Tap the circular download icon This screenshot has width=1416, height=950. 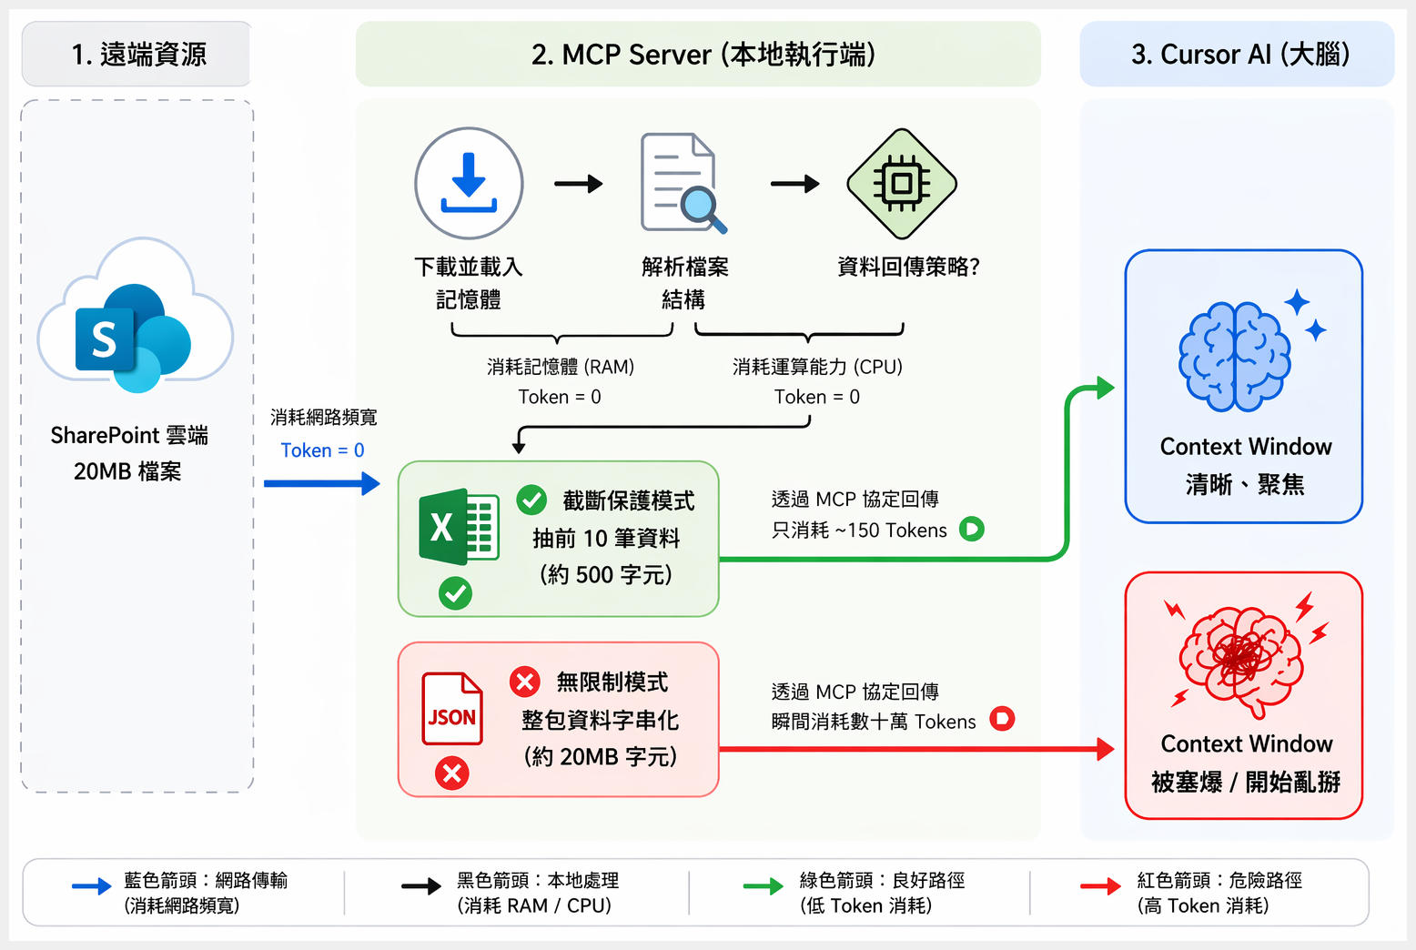[469, 183]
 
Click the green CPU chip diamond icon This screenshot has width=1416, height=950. [901, 183]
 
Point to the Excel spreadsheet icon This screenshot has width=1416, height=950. [458, 527]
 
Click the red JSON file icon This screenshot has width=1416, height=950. [452, 709]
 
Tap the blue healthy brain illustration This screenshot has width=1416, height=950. [1235, 356]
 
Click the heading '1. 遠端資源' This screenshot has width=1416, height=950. [138, 55]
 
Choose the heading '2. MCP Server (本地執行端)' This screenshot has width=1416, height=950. [703, 55]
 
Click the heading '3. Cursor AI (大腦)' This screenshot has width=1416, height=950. [1239, 55]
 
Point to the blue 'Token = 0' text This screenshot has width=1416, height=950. [322, 450]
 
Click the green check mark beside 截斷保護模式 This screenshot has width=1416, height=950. [531, 500]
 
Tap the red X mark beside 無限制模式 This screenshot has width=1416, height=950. [525, 681]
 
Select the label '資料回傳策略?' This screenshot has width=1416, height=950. [907, 267]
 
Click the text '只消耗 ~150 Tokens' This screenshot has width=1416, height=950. [859, 531]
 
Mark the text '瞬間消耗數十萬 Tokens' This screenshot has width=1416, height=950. [873, 722]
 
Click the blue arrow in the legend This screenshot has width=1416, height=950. [91, 886]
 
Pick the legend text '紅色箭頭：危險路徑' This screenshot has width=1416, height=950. [1219, 880]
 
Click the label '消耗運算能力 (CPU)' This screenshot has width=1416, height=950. [817, 367]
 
